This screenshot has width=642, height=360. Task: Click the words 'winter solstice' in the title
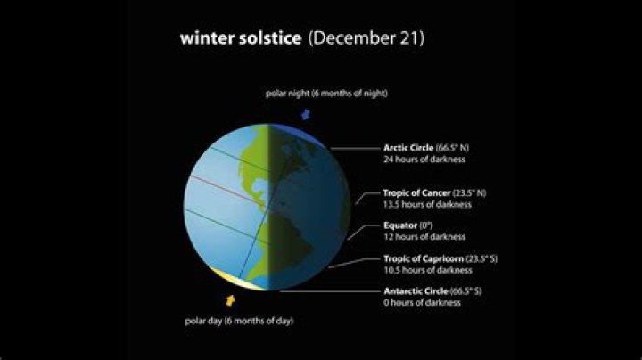pos(241,38)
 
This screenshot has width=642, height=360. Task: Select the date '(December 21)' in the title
pos(366,38)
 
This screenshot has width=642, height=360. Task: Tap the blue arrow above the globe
pos(306,114)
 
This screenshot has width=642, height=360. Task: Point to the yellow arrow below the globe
pos(231,300)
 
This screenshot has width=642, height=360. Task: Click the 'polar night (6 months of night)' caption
pos(326,94)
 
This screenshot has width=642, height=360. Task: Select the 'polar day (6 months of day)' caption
pos(239,321)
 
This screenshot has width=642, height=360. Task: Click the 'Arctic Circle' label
pos(408,148)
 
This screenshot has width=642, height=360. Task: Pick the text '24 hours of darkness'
pos(424,160)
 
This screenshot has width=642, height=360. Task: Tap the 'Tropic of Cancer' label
pos(416,192)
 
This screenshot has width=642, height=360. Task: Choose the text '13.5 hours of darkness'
pos(427,204)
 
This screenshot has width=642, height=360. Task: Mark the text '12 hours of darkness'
pos(424,236)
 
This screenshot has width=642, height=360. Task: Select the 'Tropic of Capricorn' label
pos(424,258)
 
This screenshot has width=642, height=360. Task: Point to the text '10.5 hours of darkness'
pos(428,270)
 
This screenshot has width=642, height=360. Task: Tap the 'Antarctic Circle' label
pos(416,291)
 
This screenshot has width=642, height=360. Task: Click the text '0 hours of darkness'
pos(422,303)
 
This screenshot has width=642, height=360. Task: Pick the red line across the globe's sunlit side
pos(228,191)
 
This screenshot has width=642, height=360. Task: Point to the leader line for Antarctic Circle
pos(330,291)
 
